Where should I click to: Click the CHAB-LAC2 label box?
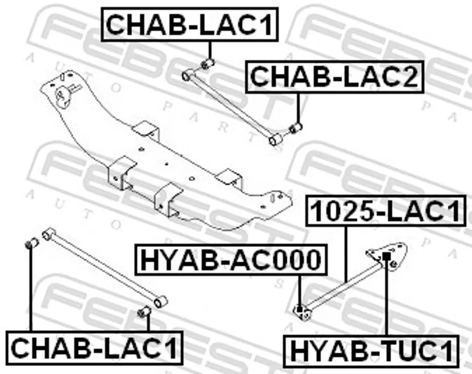click(x=335, y=77)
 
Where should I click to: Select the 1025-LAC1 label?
click(x=386, y=211)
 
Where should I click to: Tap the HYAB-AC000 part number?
click(x=231, y=260)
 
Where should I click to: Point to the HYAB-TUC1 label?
click(x=371, y=352)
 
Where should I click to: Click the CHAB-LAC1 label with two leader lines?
click(x=94, y=348)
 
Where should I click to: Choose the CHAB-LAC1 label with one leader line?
click(x=189, y=24)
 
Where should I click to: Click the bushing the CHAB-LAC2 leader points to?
click(x=296, y=128)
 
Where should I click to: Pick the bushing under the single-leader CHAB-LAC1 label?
click(x=208, y=64)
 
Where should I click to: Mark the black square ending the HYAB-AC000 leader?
click(x=299, y=309)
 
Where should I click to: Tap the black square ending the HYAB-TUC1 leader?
click(x=386, y=257)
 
